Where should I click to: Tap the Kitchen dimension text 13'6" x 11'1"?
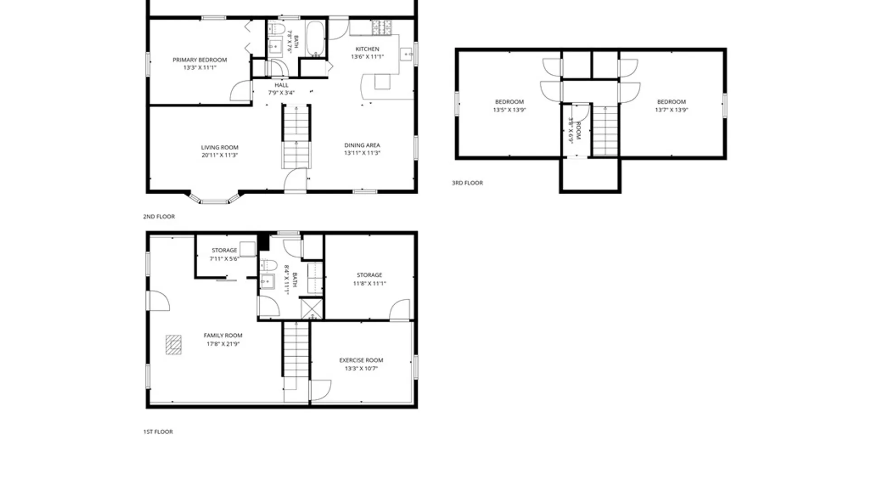point(367,57)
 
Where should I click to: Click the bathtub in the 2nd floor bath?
point(315,38)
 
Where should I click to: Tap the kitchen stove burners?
point(382,28)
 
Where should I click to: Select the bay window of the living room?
point(214,198)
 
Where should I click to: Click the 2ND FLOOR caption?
point(159,216)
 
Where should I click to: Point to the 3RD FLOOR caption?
point(467,183)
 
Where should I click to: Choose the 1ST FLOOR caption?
point(158,432)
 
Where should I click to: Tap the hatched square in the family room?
point(173,345)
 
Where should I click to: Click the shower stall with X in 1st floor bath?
point(312,309)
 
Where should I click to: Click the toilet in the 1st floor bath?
point(268,265)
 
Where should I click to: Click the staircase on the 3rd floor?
point(605,131)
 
